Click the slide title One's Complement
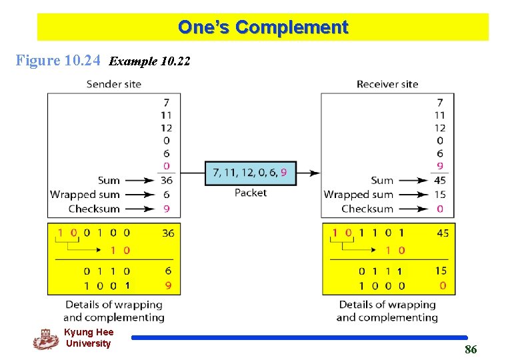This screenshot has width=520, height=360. [263, 27]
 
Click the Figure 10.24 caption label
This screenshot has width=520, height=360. [58, 61]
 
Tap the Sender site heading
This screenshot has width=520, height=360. [113, 84]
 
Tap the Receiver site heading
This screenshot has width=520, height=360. [387, 84]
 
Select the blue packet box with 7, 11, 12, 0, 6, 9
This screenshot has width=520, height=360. [250, 173]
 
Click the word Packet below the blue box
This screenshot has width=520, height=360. [250, 193]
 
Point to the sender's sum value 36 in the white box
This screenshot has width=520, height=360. [166, 180]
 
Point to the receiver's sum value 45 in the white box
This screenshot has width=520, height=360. [439, 180]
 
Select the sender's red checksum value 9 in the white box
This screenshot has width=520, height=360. [166, 209]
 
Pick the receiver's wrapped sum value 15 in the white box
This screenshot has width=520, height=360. [439, 195]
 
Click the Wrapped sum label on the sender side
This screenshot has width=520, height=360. [85, 195]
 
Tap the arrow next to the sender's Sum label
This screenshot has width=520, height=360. [140, 180]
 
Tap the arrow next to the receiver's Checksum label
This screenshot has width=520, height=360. [413, 209]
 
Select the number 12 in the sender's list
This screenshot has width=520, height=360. [166, 127]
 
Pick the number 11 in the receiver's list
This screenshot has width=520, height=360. [439, 115]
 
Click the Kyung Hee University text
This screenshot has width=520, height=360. [88, 338]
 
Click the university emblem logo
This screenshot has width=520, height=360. [45, 339]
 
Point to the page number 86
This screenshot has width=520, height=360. [471, 349]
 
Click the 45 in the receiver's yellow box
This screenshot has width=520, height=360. [443, 233]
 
